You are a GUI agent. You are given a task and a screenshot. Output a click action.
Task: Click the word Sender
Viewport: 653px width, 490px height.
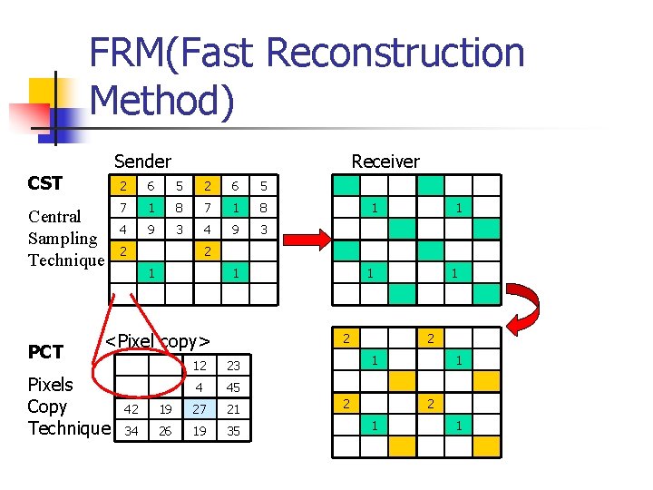point(142,162)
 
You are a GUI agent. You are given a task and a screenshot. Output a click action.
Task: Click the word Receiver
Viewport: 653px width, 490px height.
point(385,162)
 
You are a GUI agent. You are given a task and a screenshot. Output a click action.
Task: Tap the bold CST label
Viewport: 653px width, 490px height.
point(45,183)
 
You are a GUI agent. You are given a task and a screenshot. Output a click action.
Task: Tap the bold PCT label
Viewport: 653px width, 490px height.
point(45,352)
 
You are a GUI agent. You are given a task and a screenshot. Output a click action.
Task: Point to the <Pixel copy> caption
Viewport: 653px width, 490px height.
point(159,341)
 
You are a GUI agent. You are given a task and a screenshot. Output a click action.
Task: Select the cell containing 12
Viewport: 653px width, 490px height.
point(200,366)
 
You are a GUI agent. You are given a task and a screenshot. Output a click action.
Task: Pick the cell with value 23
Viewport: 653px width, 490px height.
point(234,366)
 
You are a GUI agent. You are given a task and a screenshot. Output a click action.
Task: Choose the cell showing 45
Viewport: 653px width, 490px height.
point(234,387)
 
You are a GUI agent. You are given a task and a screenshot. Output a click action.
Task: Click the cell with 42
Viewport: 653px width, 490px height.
point(132,409)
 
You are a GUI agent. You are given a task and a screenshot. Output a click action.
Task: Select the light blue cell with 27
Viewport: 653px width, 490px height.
point(200,409)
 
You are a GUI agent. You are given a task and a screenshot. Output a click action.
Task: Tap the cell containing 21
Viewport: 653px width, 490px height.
point(234,409)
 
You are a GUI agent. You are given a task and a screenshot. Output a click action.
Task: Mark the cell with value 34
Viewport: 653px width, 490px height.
point(132,430)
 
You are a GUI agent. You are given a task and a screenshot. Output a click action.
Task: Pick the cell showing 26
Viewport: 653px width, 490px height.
point(166,430)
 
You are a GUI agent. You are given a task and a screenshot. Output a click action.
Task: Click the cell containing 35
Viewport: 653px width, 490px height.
point(234,430)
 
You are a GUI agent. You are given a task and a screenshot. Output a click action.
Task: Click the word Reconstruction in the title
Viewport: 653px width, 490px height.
point(395,53)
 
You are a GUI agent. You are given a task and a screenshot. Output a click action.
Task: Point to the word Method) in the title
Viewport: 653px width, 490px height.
point(162,101)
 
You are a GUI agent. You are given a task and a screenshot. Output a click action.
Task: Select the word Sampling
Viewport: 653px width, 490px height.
point(63,239)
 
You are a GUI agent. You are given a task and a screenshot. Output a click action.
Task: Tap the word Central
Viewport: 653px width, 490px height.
point(55,217)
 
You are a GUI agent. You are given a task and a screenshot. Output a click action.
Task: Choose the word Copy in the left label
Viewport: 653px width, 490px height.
point(46,406)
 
